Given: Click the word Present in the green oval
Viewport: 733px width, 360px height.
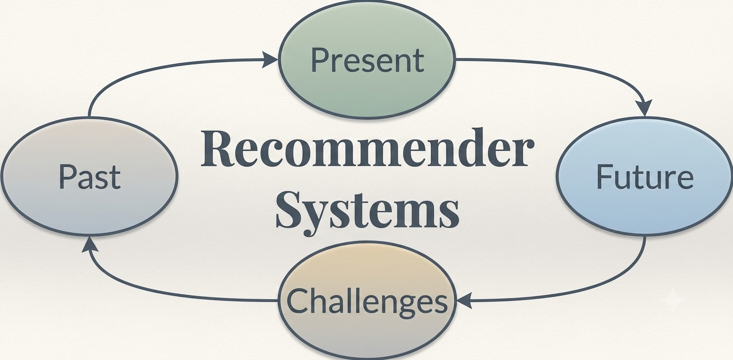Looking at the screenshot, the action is point(367,59).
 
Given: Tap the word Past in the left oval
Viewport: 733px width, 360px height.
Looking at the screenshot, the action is point(89,176).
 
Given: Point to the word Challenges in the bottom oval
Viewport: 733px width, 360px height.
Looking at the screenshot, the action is point(367,301).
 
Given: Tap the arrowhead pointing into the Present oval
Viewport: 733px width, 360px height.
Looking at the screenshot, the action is point(270,59).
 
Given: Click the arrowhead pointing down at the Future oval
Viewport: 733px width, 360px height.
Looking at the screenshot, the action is point(645,108).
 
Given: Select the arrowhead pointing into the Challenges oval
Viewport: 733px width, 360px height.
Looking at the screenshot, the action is point(464,300).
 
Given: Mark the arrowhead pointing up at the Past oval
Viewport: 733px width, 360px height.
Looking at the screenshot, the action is point(89,245).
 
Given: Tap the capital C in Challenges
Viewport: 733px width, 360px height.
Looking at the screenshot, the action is point(297,301).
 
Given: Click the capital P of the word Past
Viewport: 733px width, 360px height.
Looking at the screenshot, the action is point(67,176).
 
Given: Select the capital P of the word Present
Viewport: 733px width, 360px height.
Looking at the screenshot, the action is point(319,59).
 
